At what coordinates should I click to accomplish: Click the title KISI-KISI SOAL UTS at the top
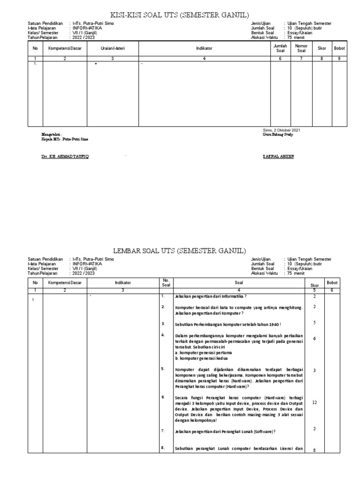180,14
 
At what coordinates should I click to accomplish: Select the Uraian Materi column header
112,48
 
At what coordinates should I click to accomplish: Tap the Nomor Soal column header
301,48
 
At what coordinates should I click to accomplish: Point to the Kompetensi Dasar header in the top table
65,48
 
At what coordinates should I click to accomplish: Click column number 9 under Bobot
339,59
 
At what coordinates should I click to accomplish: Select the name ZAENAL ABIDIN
279,156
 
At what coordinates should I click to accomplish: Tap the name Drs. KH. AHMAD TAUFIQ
65,156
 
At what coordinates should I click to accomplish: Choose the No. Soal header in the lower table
165,283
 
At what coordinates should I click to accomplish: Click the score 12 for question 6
315,403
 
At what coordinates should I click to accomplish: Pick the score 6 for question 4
315,338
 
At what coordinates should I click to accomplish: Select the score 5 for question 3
315,322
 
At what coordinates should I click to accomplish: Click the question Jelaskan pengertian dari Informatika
210,296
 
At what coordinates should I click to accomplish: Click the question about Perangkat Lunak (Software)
225,431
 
